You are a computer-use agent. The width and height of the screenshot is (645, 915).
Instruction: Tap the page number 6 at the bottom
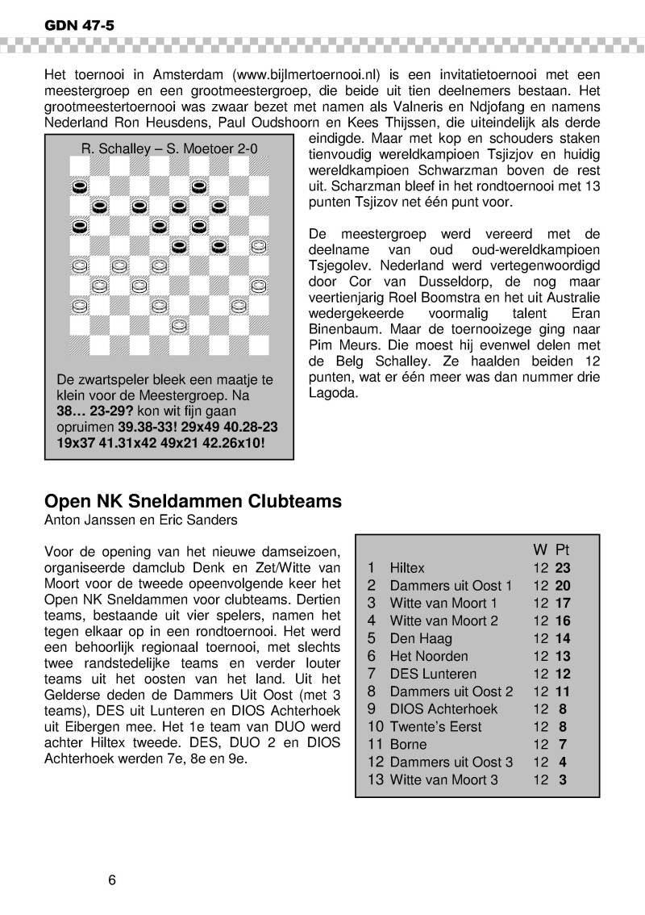pyautogui.click(x=113, y=879)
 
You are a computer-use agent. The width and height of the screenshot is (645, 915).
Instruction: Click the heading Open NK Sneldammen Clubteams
pyautogui.click(x=193, y=501)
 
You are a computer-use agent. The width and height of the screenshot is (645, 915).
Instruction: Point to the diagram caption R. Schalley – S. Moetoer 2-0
pyautogui.click(x=170, y=148)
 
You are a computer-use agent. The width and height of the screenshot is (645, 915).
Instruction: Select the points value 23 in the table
pyautogui.click(x=563, y=568)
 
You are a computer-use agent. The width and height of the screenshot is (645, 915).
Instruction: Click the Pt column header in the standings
pyautogui.click(x=564, y=549)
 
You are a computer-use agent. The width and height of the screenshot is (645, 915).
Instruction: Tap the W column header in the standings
pyautogui.click(x=540, y=549)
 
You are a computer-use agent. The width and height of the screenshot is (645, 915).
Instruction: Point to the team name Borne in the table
pyautogui.click(x=408, y=744)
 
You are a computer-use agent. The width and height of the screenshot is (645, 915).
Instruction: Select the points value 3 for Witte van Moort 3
pyautogui.click(x=563, y=779)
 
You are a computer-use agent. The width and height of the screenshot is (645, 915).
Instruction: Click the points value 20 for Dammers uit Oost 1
pyautogui.click(x=563, y=586)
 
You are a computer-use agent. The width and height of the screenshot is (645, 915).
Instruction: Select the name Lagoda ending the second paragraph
pyautogui.click(x=333, y=394)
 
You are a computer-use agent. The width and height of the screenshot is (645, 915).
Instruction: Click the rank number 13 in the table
pyautogui.click(x=374, y=779)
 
